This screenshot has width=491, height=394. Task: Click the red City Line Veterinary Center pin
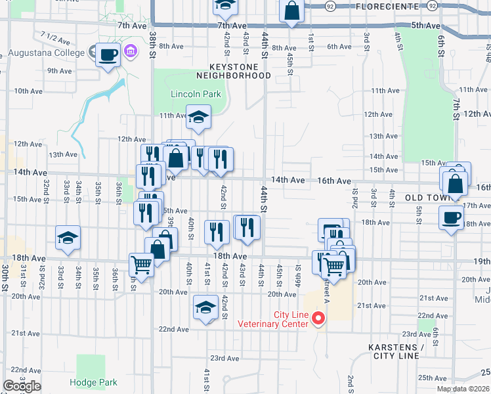[x=319, y=319]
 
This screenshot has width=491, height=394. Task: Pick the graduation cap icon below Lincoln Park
[x=198, y=118]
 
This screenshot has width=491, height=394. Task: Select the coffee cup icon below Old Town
[x=451, y=218]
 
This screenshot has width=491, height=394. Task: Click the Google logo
[x=22, y=386]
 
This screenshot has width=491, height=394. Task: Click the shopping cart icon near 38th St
[x=141, y=265]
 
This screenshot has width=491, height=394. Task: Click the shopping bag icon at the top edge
[x=291, y=11]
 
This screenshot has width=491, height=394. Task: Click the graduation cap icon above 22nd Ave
[x=205, y=307]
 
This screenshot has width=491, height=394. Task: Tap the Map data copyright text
[x=463, y=389]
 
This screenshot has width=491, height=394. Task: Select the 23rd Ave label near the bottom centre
[x=224, y=358]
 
